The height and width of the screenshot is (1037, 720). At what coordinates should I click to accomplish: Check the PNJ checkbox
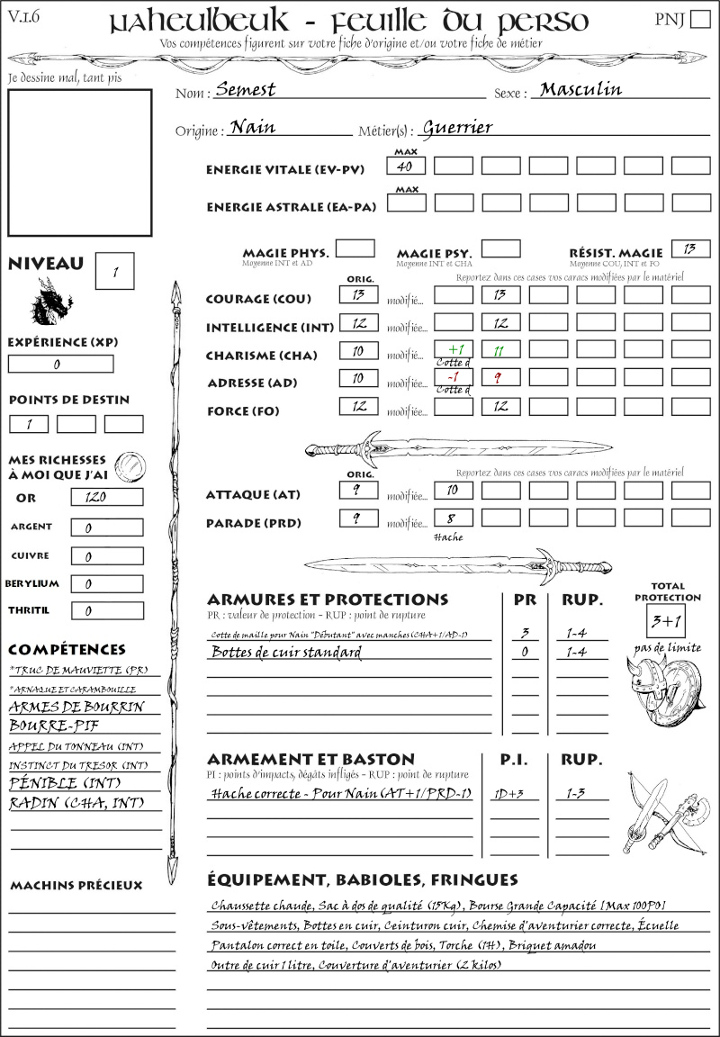coord(698,20)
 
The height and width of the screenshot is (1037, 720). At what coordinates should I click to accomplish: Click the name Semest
coord(246,89)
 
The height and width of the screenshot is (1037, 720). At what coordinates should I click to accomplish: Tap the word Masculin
coord(580,88)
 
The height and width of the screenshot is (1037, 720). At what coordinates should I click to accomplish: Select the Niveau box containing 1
coord(116,271)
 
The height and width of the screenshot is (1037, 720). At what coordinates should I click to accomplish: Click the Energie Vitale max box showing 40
coord(407,167)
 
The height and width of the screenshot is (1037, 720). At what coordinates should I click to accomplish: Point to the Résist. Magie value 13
coord(690,248)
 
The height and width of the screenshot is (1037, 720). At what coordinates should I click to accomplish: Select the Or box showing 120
coord(106,497)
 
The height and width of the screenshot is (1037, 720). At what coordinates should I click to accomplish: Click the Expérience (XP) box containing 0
coord(60,365)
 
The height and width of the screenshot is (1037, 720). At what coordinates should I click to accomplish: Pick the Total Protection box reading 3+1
coord(667,622)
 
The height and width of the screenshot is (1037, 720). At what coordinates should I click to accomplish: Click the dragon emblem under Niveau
coord(51,302)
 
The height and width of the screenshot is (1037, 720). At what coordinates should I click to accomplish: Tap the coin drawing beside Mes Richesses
coord(130,465)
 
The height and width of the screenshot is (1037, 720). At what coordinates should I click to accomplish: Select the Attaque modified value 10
coord(454,490)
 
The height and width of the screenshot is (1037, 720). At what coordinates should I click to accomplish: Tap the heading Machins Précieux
coord(76,885)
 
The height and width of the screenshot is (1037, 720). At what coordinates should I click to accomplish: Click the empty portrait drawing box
coord(79,162)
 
